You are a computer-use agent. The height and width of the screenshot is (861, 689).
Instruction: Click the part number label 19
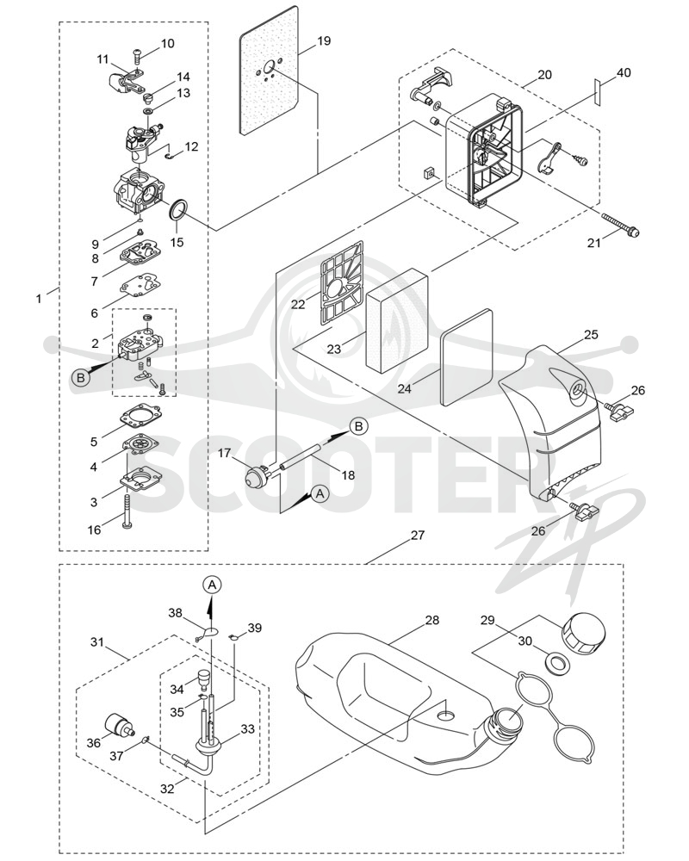(x=324, y=40)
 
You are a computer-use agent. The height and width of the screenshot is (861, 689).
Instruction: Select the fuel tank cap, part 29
(x=583, y=635)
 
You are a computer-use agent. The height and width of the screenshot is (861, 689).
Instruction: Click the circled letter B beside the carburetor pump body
(x=81, y=377)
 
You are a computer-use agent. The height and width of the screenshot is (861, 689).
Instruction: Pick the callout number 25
(x=591, y=334)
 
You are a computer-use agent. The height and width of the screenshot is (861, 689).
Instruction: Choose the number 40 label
(x=624, y=72)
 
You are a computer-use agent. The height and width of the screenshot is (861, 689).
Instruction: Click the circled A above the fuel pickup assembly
(x=213, y=585)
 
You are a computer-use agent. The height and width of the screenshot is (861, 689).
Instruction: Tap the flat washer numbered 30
(x=556, y=661)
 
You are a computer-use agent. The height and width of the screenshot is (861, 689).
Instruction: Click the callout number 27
(x=418, y=535)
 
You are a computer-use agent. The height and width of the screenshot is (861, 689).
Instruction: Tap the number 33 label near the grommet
(x=248, y=728)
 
